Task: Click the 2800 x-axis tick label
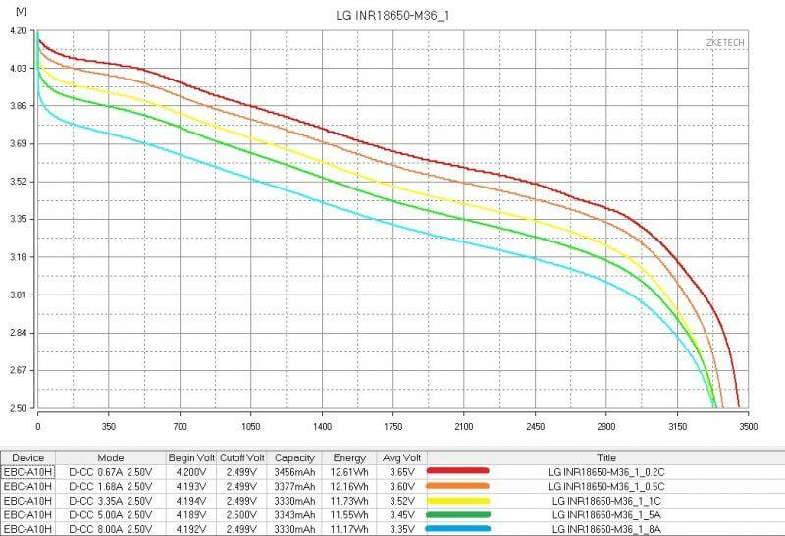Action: click(606, 428)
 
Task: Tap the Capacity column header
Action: click(293, 456)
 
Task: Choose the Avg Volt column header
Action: click(403, 456)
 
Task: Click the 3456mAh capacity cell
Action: click(293, 471)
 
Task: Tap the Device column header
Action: click(28, 456)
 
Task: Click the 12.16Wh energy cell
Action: click(348, 485)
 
